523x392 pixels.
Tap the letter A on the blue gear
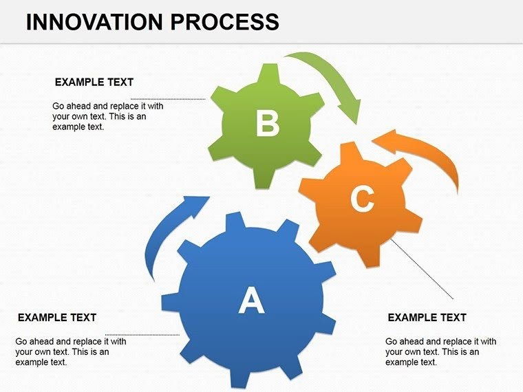click(x=251, y=301)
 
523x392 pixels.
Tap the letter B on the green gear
click(x=267, y=124)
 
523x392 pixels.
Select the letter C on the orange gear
click(x=361, y=199)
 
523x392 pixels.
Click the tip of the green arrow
click(x=356, y=122)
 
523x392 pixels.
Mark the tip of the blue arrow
click(x=209, y=197)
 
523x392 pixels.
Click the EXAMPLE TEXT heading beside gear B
click(x=94, y=82)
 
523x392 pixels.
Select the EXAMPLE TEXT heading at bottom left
click(x=56, y=318)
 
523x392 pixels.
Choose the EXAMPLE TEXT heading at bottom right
click(x=427, y=318)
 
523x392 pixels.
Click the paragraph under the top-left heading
click(x=107, y=117)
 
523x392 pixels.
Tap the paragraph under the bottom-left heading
click(x=70, y=351)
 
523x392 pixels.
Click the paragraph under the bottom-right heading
click(x=440, y=351)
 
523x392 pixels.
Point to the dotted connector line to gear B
click(x=169, y=99)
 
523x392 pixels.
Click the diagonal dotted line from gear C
click(x=422, y=268)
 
